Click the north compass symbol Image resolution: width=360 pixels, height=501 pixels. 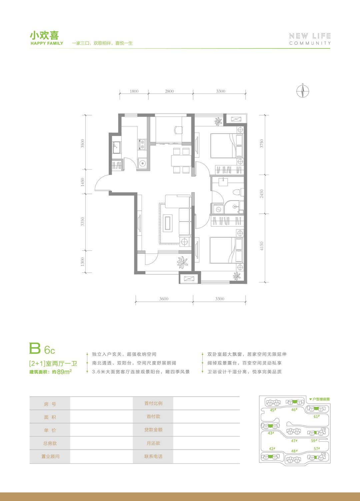point(303,91)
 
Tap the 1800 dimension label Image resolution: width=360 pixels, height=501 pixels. point(134,91)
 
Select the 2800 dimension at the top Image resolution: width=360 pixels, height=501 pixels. point(169,91)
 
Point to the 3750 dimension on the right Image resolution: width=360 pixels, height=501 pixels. point(262,143)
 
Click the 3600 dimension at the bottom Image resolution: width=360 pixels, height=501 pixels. point(164,299)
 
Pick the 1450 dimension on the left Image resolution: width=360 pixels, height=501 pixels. point(83,182)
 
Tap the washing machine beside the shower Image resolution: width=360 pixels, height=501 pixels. point(218,209)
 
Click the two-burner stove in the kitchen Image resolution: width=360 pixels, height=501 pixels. point(142,144)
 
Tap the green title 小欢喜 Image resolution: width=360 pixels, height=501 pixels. point(44,36)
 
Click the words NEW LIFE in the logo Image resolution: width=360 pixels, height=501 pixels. point(310,36)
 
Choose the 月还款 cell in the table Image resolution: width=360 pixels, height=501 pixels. point(153,443)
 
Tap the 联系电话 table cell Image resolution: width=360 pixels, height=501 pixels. point(153,457)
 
